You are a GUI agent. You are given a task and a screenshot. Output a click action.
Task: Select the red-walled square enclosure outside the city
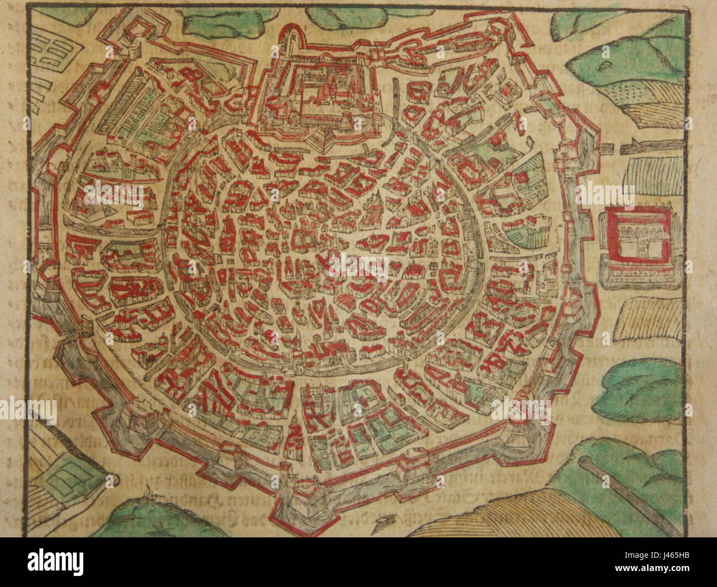coord(640,240)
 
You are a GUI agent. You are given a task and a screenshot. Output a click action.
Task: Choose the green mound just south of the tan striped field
coord(640,386)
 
